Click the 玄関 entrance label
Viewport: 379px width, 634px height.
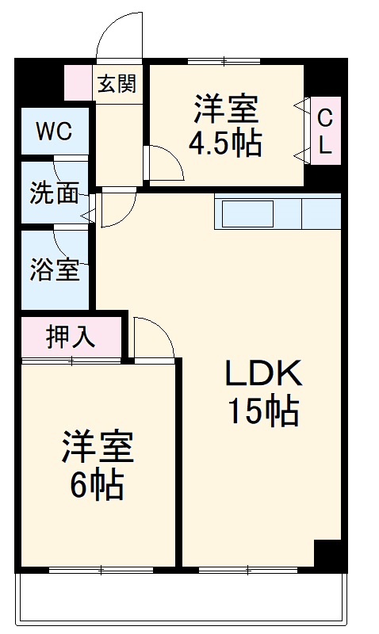[x=117, y=83]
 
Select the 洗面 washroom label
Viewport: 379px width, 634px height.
[x=54, y=193]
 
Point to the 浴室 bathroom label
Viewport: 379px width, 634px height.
[x=55, y=270]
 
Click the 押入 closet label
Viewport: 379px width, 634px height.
[x=71, y=337]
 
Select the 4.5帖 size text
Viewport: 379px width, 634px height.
[x=225, y=143]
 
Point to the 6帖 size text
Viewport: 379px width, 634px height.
[x=97, y=483]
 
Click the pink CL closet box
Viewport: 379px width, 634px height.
[x=325, y=131]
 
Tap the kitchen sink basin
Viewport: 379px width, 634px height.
[x=247, y=214]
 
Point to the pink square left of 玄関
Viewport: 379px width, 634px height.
[x=78, y=82]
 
